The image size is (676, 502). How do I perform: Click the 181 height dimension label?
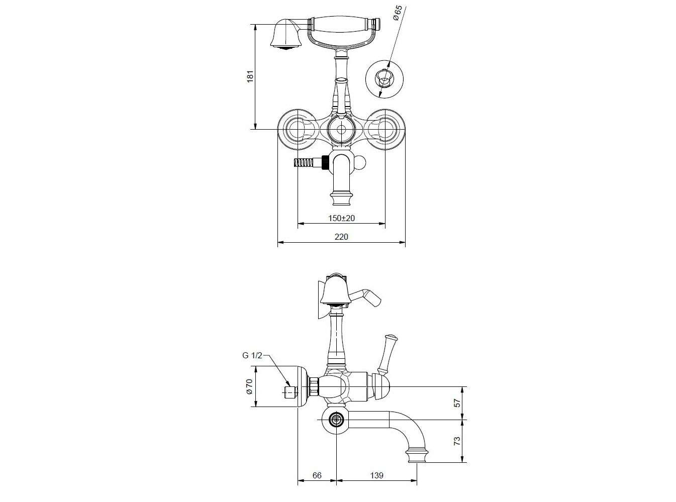(250, 76)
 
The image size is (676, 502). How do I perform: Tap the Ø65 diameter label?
(398, 13)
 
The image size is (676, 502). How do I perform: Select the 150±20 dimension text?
(341, 218)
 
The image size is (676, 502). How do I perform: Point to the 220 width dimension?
(341, 237)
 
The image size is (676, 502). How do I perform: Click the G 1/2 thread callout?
(252, 355)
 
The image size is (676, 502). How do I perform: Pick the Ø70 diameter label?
(249, 386)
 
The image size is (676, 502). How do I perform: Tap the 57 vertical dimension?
(457, 403)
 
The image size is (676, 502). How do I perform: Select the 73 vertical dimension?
(457, 441)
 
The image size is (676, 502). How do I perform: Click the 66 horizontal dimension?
(317, 475)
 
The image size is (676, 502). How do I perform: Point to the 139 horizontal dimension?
(377, 475)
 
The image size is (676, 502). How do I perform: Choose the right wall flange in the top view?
(385, 129)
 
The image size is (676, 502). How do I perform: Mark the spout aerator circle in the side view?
(336, 420)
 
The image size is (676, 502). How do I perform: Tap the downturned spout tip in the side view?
(417, 455)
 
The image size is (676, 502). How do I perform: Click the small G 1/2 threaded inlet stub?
(291, 392)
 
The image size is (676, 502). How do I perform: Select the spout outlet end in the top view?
(341, 198)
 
